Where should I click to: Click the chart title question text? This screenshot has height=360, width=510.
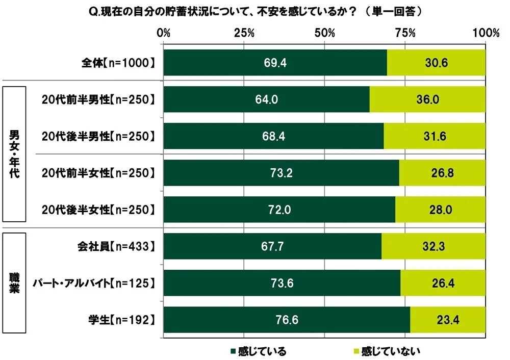pyautogui.click(x=254, y=10)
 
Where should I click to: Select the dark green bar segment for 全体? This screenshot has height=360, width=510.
pyautogui.click(x=275, y=63)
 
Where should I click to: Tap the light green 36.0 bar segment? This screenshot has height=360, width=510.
pyautogui.click(x=427, y=99)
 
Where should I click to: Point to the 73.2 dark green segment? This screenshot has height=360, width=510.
pyautogui.click(x=281, y=173)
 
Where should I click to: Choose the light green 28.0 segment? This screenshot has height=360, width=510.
pyautogui.click(x=440, y=210)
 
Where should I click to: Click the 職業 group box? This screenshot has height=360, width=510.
pyautogui.click(x=15, y=284)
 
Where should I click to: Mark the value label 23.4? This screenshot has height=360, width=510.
pyautogui.click(x=447, y=320)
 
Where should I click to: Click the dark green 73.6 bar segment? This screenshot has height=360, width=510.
pyautogui.click(x=282, y=283)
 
